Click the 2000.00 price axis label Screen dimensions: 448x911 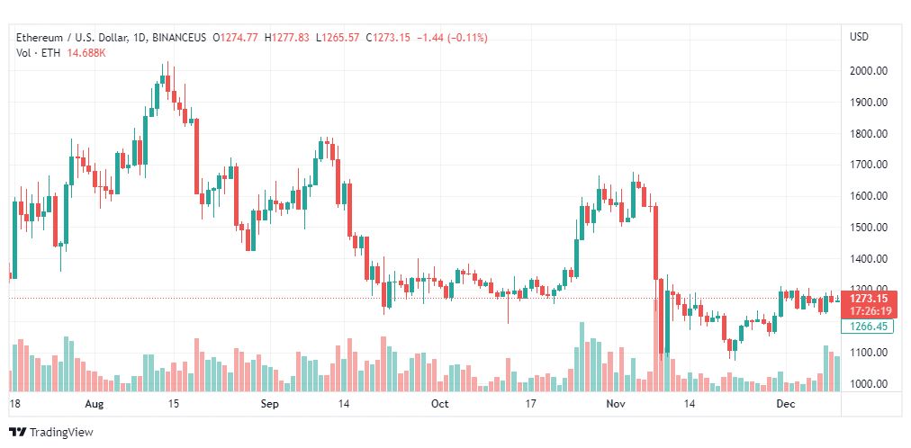[x=870, y=71]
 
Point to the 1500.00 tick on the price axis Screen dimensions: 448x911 [x=870, y=228]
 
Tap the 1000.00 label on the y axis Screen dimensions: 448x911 [x=870, y=384]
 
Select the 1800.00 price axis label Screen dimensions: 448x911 [x=870, y=134]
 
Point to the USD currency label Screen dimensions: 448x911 [x=859, y=37]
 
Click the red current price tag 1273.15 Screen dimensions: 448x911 [x=869, y=299]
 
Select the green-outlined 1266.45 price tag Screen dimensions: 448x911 [x=869, y=327]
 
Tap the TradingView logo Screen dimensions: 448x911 [x=51, y=432]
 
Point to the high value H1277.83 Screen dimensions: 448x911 [x=286, y=38]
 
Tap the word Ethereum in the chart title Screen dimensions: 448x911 [x=40, y=38]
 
